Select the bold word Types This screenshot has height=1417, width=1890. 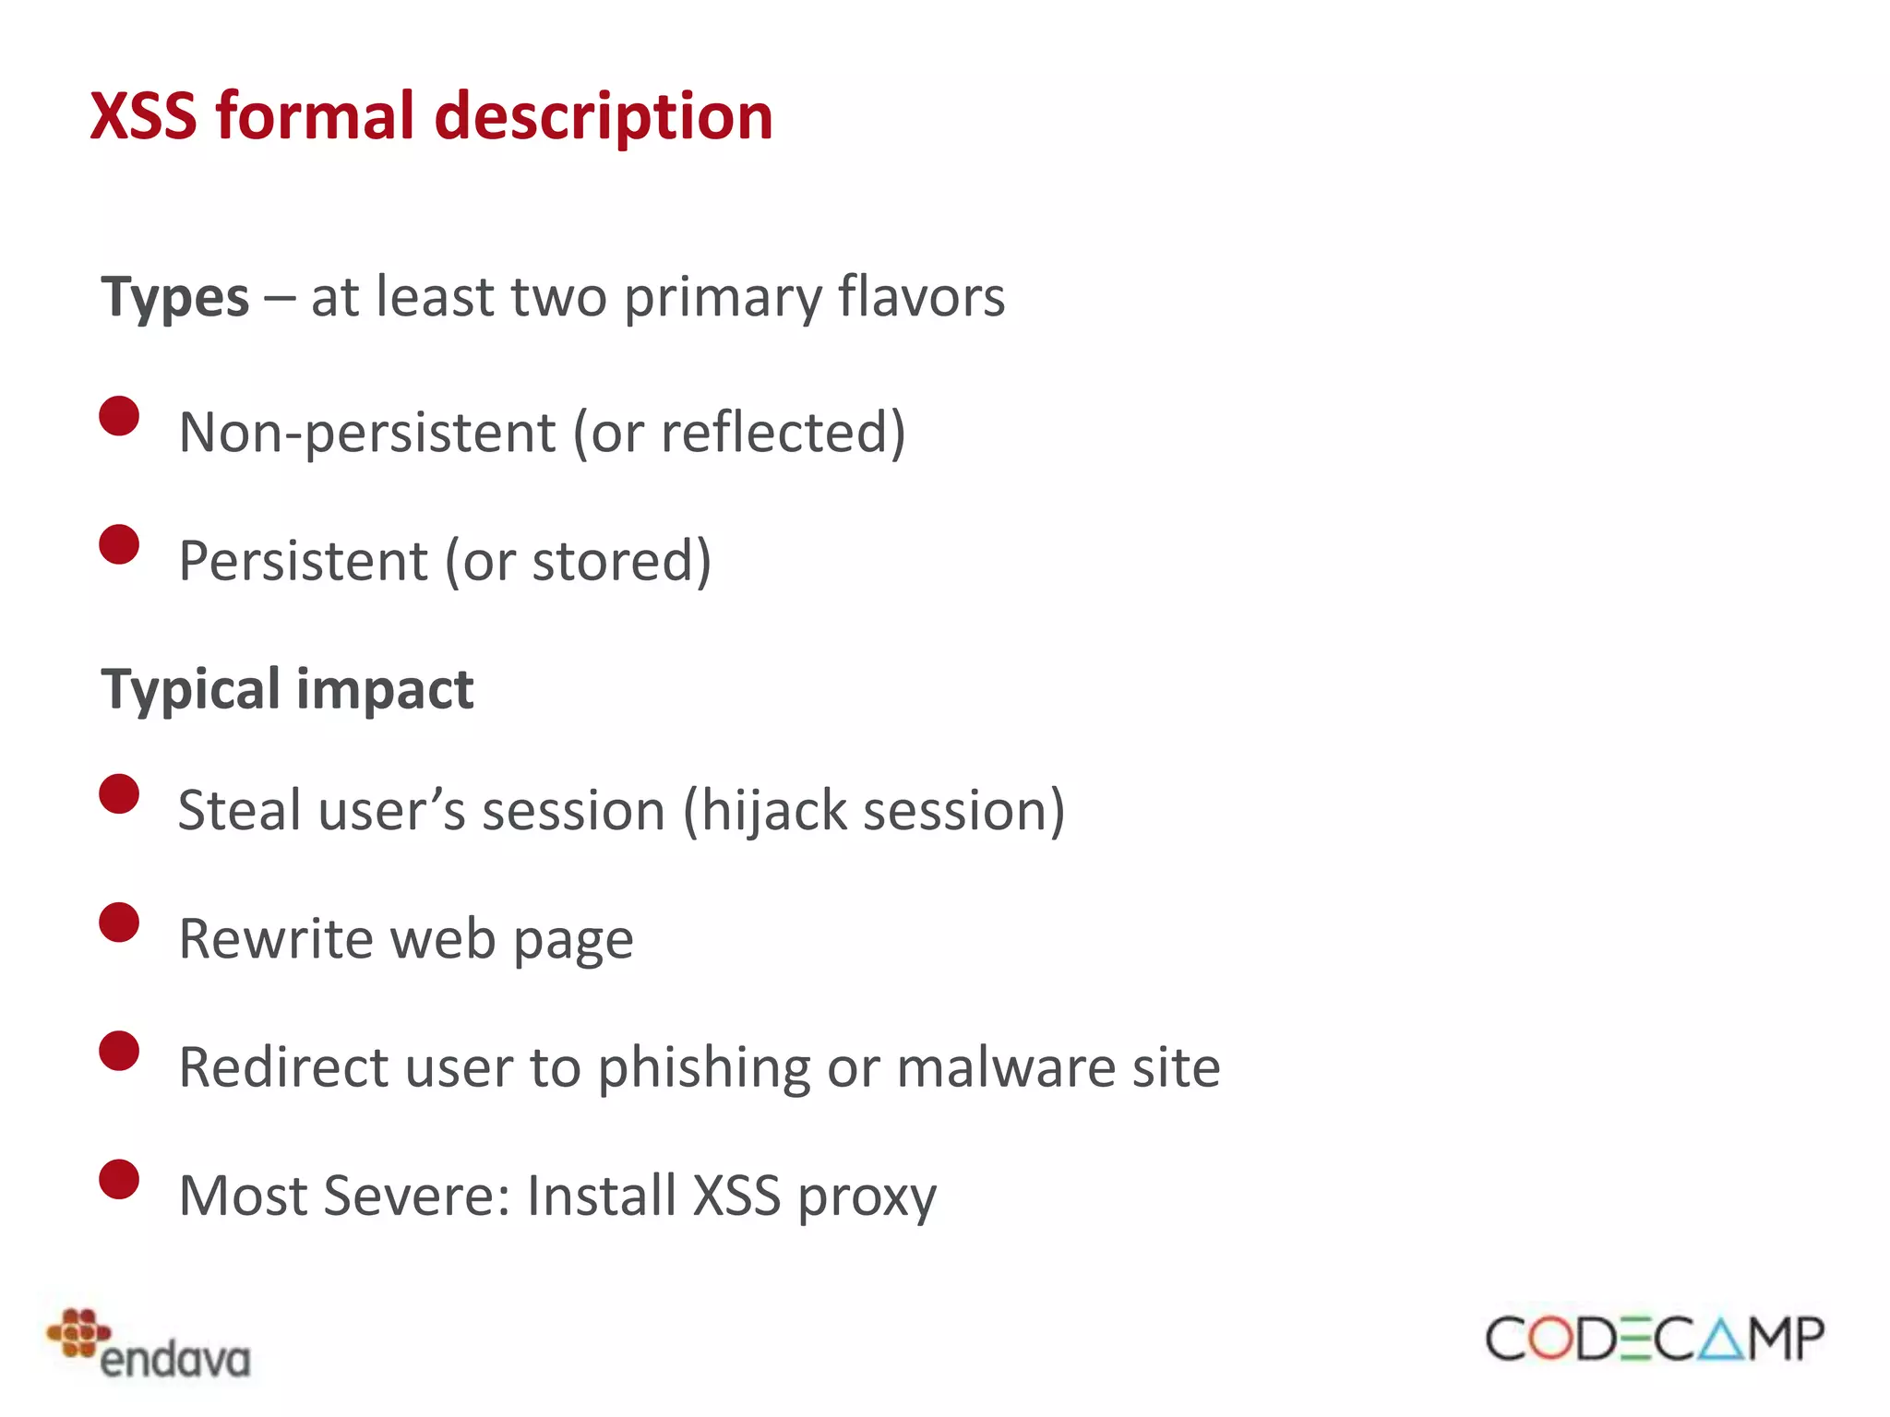coord(175,298)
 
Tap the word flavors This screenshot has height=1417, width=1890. coord(921,297)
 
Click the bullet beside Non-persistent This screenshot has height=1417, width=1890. coord(119,416)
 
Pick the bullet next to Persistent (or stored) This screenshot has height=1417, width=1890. coord(119,544)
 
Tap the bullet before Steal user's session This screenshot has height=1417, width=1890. coord(119,794)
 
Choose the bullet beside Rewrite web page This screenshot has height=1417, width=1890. coord(119,923)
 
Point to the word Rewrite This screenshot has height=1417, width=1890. coord(276,939)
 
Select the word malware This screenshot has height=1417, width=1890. coord(1005,1067)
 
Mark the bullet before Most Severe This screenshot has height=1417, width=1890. coord(119,1179)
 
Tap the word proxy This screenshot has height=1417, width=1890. coord(867,1197)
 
